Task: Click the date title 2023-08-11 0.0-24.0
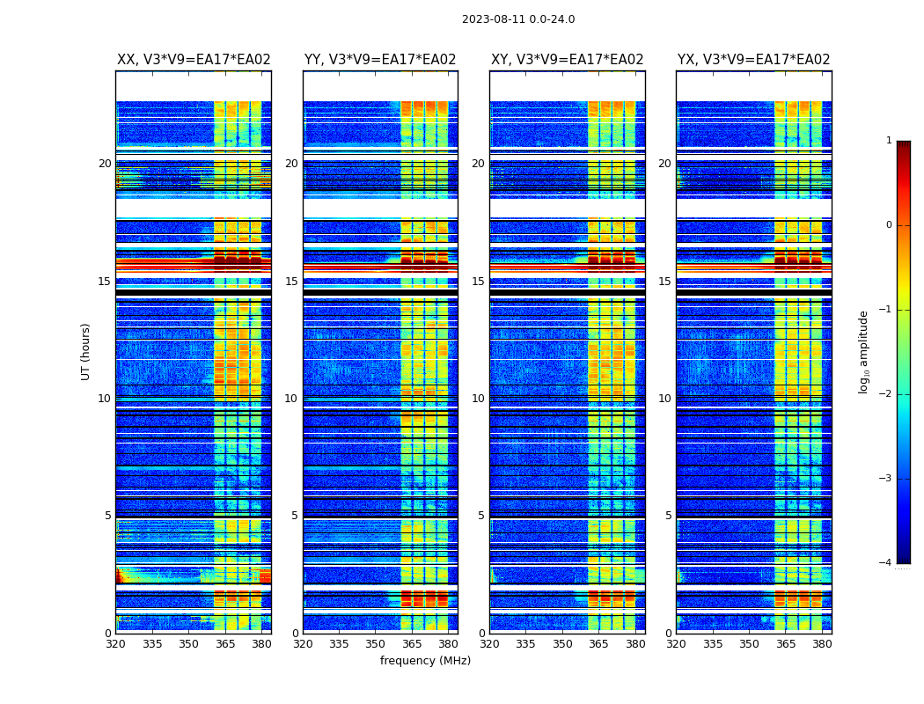point(518,19)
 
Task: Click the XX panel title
point(194,60)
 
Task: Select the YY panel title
point(380,60)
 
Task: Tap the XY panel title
point(567,60)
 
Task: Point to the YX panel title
point(753,60)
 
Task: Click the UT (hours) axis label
point(86,351)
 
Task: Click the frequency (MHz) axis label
point(425,661)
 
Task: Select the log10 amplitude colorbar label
point(864,351)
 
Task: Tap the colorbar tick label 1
point(889,141)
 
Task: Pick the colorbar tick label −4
point(887,563)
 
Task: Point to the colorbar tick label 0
point(889,225)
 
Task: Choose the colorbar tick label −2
point(887,394)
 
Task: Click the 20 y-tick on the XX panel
point(105,164)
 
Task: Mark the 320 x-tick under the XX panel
point(115,644)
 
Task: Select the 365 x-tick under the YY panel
point(412,644)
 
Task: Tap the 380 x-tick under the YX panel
point(822,644)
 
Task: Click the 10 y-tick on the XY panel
point(478,399)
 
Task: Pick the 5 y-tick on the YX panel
point(668,516)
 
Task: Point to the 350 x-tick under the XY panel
point(562,644)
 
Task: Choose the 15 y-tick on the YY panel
point(291,282)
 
